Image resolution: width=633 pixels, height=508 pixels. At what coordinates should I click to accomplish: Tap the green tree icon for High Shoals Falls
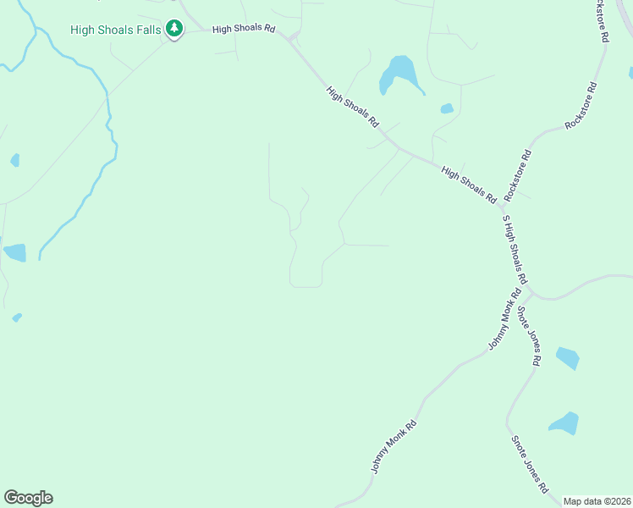(x=174, y=29)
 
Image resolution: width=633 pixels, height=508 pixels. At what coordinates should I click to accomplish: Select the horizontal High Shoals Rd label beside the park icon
(x=245, y=29)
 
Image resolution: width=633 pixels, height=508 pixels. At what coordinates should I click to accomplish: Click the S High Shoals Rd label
(x=515, y=250)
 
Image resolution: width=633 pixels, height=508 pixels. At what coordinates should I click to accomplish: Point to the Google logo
(x=29, y=498)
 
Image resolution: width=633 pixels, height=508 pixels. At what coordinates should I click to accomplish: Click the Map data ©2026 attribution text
(x=597, y=501)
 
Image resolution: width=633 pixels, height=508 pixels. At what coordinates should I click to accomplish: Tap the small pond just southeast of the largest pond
(x=447, y=108)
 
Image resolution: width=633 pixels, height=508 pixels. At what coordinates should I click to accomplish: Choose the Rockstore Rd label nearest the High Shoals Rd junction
(x=516, y=175)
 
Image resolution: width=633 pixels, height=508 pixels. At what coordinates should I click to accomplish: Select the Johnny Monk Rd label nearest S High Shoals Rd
(x=504, y=320)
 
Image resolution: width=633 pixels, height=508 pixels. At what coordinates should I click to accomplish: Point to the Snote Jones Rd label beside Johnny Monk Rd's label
(x=529, y=336)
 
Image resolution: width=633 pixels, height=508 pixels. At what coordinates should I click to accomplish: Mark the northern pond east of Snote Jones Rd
(x=568, y=358)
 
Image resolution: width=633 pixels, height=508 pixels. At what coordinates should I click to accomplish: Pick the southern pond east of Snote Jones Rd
(x=564, y=422)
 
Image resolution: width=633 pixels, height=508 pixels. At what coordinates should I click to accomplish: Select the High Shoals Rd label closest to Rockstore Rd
(x=468, y=185)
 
